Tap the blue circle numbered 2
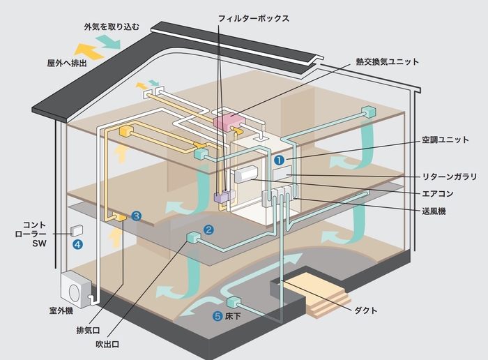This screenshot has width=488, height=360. click(208, 229)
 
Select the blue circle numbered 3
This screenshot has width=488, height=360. click(136, 216)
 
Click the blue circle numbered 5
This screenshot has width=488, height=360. click(219, 316)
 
